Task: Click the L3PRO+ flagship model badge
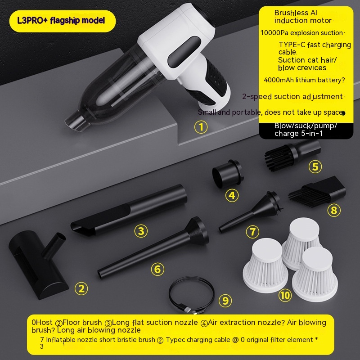click(x=63, y=21)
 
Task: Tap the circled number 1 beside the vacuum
click(x=201, y=127)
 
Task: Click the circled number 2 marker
click(x=81, y=288)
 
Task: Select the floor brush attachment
click(x=38, y=264)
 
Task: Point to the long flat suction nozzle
click(x=129, y=210)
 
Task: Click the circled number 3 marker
click(x=141, y=231)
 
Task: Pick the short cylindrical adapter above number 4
click(x=227, y=173)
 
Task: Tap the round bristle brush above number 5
click(x=293, y=155)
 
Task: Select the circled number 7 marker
click(x=252, y=232)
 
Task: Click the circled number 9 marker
click(x=225, y=301)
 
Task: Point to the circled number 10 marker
click(x=285, y=295)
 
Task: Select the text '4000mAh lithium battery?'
click(x=305, y=80)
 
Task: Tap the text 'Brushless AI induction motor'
click(x=302, y=17)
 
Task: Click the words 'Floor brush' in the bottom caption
click(x=82, y=322)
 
